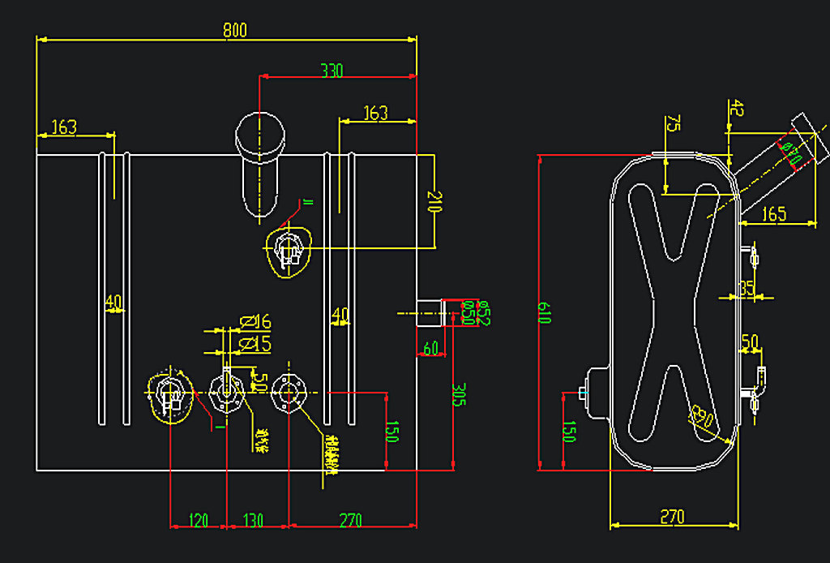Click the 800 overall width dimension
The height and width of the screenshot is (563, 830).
coord(234,31)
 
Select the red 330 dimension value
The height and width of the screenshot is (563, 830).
coord(332,71)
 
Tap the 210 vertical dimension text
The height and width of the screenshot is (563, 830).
coord(435,201)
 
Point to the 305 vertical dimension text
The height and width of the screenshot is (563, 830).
coord(459,397)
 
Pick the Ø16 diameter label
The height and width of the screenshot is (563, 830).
coord(256,323)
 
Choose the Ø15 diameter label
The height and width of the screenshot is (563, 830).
coord(256,344)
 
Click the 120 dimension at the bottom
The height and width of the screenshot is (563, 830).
coord(198,520)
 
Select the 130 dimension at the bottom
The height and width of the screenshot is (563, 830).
coord(254,520)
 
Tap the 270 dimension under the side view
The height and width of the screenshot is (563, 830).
coord(673,517)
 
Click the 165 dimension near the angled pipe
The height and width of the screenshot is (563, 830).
coord(775,214)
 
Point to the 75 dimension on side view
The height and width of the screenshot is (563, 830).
coord(673,123)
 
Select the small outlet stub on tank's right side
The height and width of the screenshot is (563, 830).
coord(428,312)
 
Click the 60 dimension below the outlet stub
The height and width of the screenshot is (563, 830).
coord(430,348)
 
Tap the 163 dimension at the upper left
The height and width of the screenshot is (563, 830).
coord(64,127)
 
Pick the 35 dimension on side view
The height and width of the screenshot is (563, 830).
coord(747,288)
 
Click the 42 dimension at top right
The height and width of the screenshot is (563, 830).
coord(736,108)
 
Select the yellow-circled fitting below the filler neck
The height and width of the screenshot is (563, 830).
coord(289,250)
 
